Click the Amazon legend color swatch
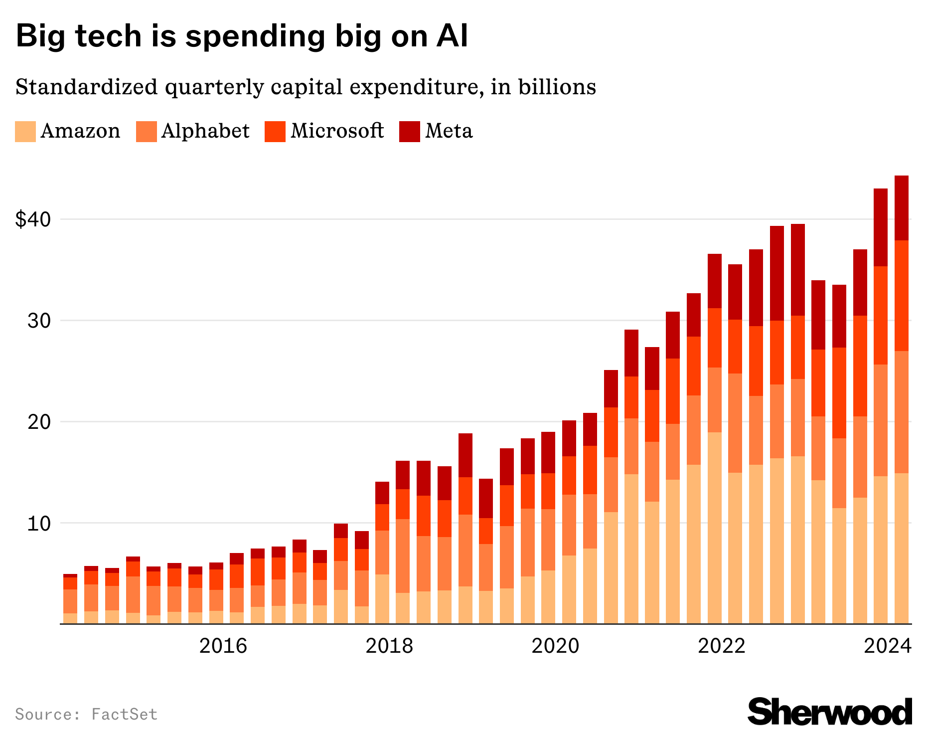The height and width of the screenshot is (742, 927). click(x=25, y=132)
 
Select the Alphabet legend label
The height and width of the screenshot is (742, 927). click(x=205, y=131)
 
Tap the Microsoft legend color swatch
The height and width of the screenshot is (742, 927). click(x=275, y=132)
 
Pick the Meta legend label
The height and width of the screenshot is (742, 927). click(x=449, y=131)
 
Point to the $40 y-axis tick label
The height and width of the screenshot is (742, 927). click(x=33, y=219)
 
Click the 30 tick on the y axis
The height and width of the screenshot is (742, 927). click(x=39, y=321)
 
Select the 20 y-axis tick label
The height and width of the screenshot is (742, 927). click(x=39, y=422)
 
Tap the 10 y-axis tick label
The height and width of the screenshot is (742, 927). click(x=39, y=524)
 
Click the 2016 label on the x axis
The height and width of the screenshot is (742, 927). click(x=223, y=646)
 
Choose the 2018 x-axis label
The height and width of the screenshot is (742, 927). click(x=389, y=646)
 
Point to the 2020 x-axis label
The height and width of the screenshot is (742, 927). click(x=555, y=646)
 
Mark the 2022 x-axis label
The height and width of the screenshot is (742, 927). click(x=721, y=646)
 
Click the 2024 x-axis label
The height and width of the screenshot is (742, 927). click(x=888, y=646)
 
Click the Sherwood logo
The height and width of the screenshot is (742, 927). click(x=830, y=712)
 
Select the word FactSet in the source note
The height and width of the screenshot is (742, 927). click(x=125, y=714)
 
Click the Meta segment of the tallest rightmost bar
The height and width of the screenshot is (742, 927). click(x=902, y=207)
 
